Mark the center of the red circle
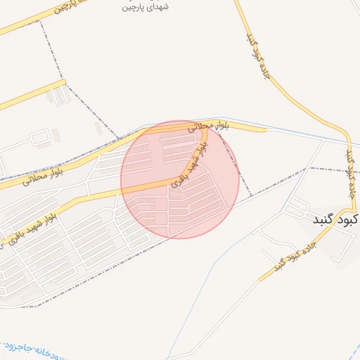tap(179, 179)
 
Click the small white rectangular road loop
tap(39, 136)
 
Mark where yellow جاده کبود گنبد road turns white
tap(259, 281)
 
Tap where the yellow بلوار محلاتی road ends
tap(266, 129)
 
